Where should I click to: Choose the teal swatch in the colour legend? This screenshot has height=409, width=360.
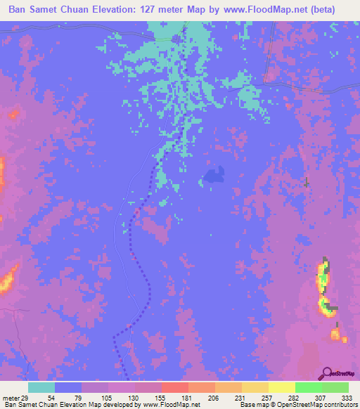[x=41, y=387]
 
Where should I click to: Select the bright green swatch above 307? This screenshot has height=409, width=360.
[x=309, y=387]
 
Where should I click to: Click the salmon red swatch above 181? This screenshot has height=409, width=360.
[x=175, y=387]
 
